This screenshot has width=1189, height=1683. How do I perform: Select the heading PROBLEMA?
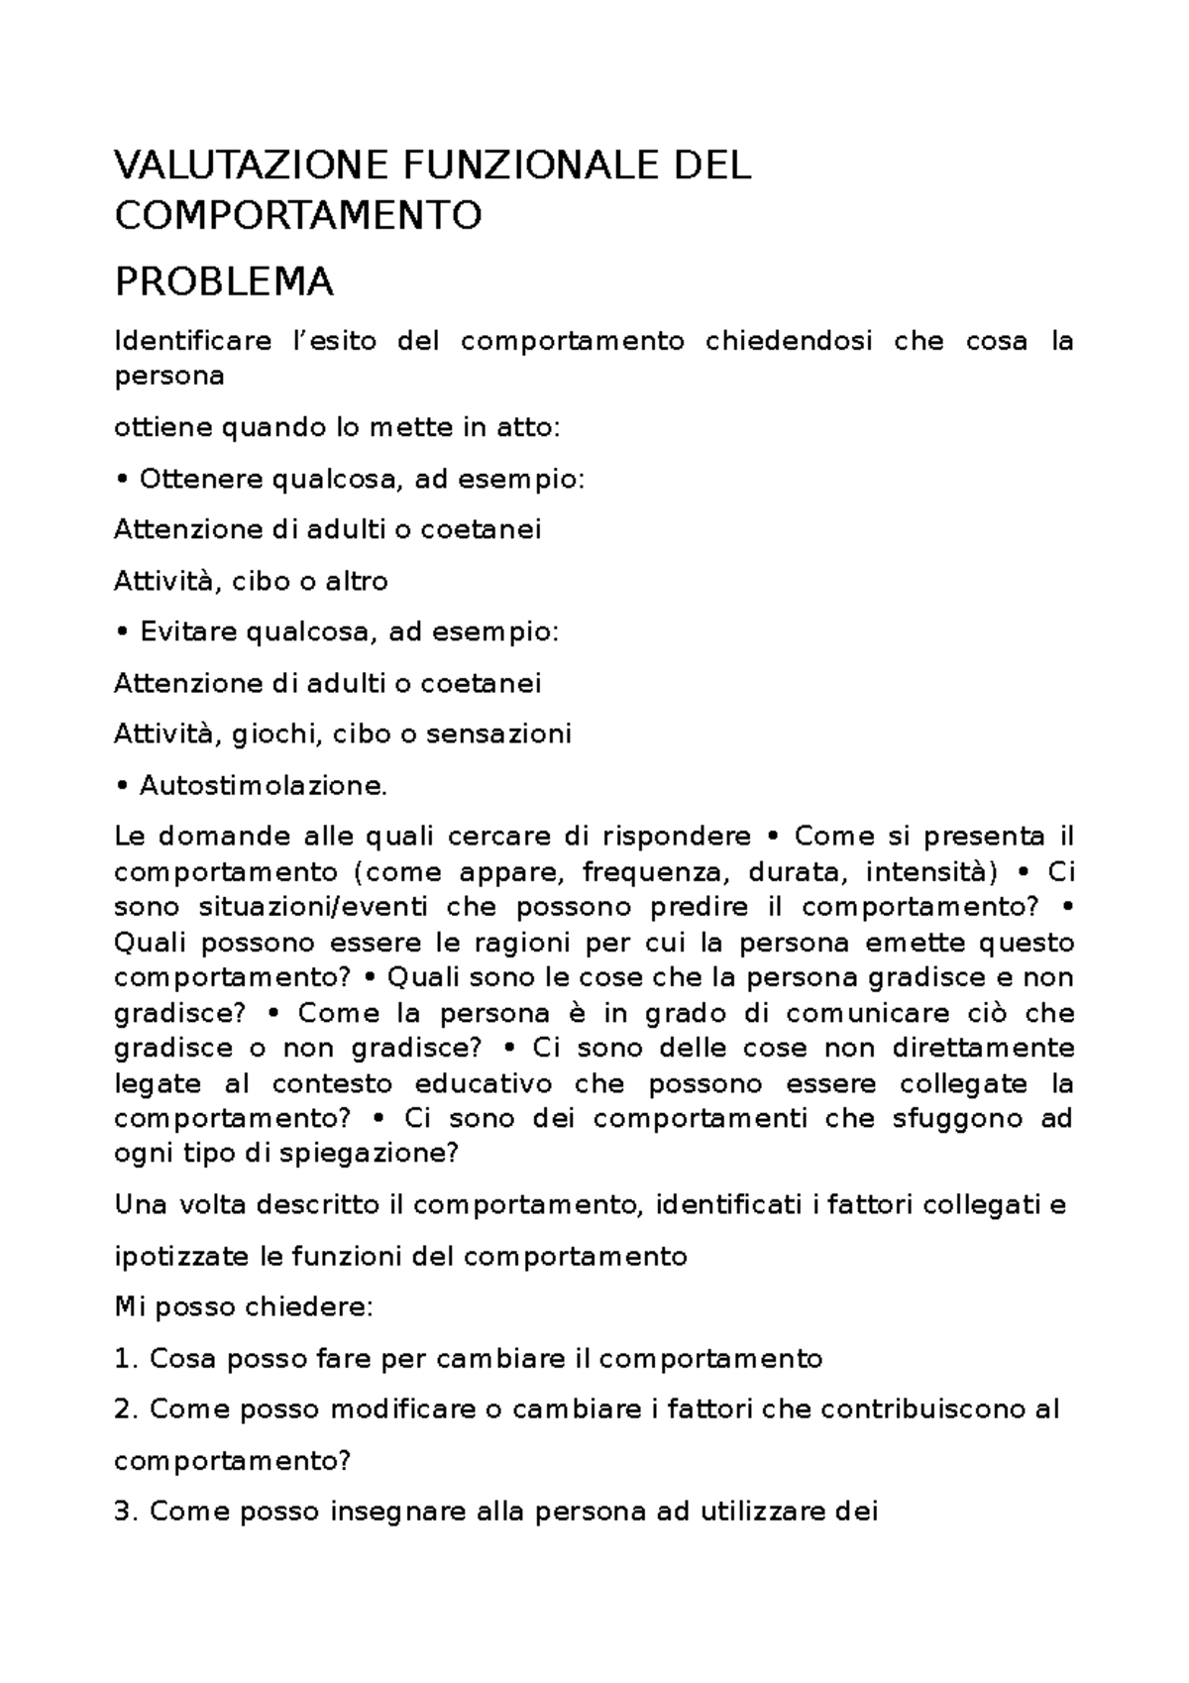[x=224, y=283]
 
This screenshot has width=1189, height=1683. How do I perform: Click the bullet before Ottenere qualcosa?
[x=122, y=480]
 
